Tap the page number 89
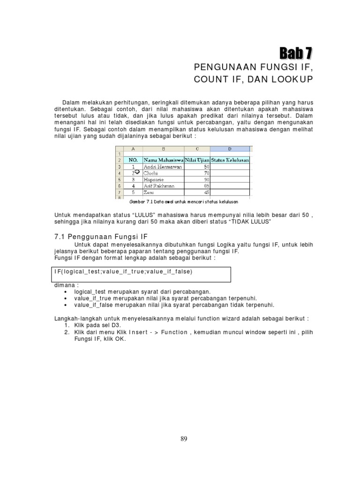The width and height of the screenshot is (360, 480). (x=184, y=439)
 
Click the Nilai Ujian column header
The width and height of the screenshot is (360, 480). (x=197, y=160)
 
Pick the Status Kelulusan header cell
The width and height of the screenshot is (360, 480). (x=230, y=160)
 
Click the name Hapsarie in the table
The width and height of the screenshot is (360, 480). (x=153, y=179)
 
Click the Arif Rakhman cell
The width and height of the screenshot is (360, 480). (x=158, y=186)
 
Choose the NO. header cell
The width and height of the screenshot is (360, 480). (x=133, y=160)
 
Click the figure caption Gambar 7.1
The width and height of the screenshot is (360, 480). (x=183, y=202)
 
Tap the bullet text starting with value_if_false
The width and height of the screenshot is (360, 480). (x=174, y=305)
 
